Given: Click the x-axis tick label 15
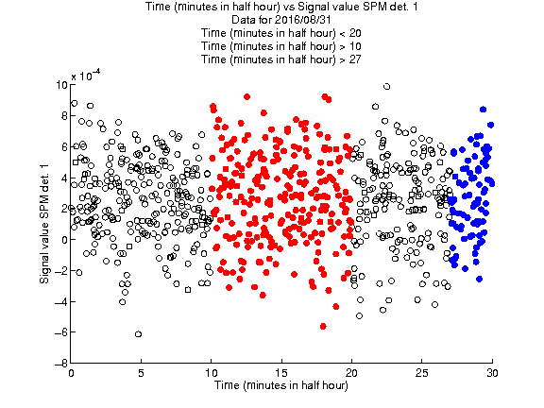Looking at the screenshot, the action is pos(281,373).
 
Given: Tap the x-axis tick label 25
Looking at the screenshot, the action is pos(421,373).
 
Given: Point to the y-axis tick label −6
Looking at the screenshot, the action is pos(61,332).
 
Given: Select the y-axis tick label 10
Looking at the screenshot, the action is pos(61,85).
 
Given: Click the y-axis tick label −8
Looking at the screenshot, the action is pos(61,364).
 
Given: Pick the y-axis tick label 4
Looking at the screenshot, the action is pos(64,178).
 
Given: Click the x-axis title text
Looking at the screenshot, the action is pos(281,385).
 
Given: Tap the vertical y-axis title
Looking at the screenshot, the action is pos(44,224).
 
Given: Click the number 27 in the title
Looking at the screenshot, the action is pos(354,59).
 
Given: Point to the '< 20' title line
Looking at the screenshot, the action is pos(281,33).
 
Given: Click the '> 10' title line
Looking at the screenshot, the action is pos(281,46).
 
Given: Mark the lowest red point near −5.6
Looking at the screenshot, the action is pos(323,326).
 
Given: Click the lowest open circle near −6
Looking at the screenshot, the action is pos(138,334).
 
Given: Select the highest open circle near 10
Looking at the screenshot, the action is pos(387,86).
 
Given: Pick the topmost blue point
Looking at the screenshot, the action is pos(483,110).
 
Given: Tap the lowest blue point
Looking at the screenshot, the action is pos(480,279).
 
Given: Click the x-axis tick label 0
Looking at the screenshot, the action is pos(71,373).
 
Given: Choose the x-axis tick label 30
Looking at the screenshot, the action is pos(492,373).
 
